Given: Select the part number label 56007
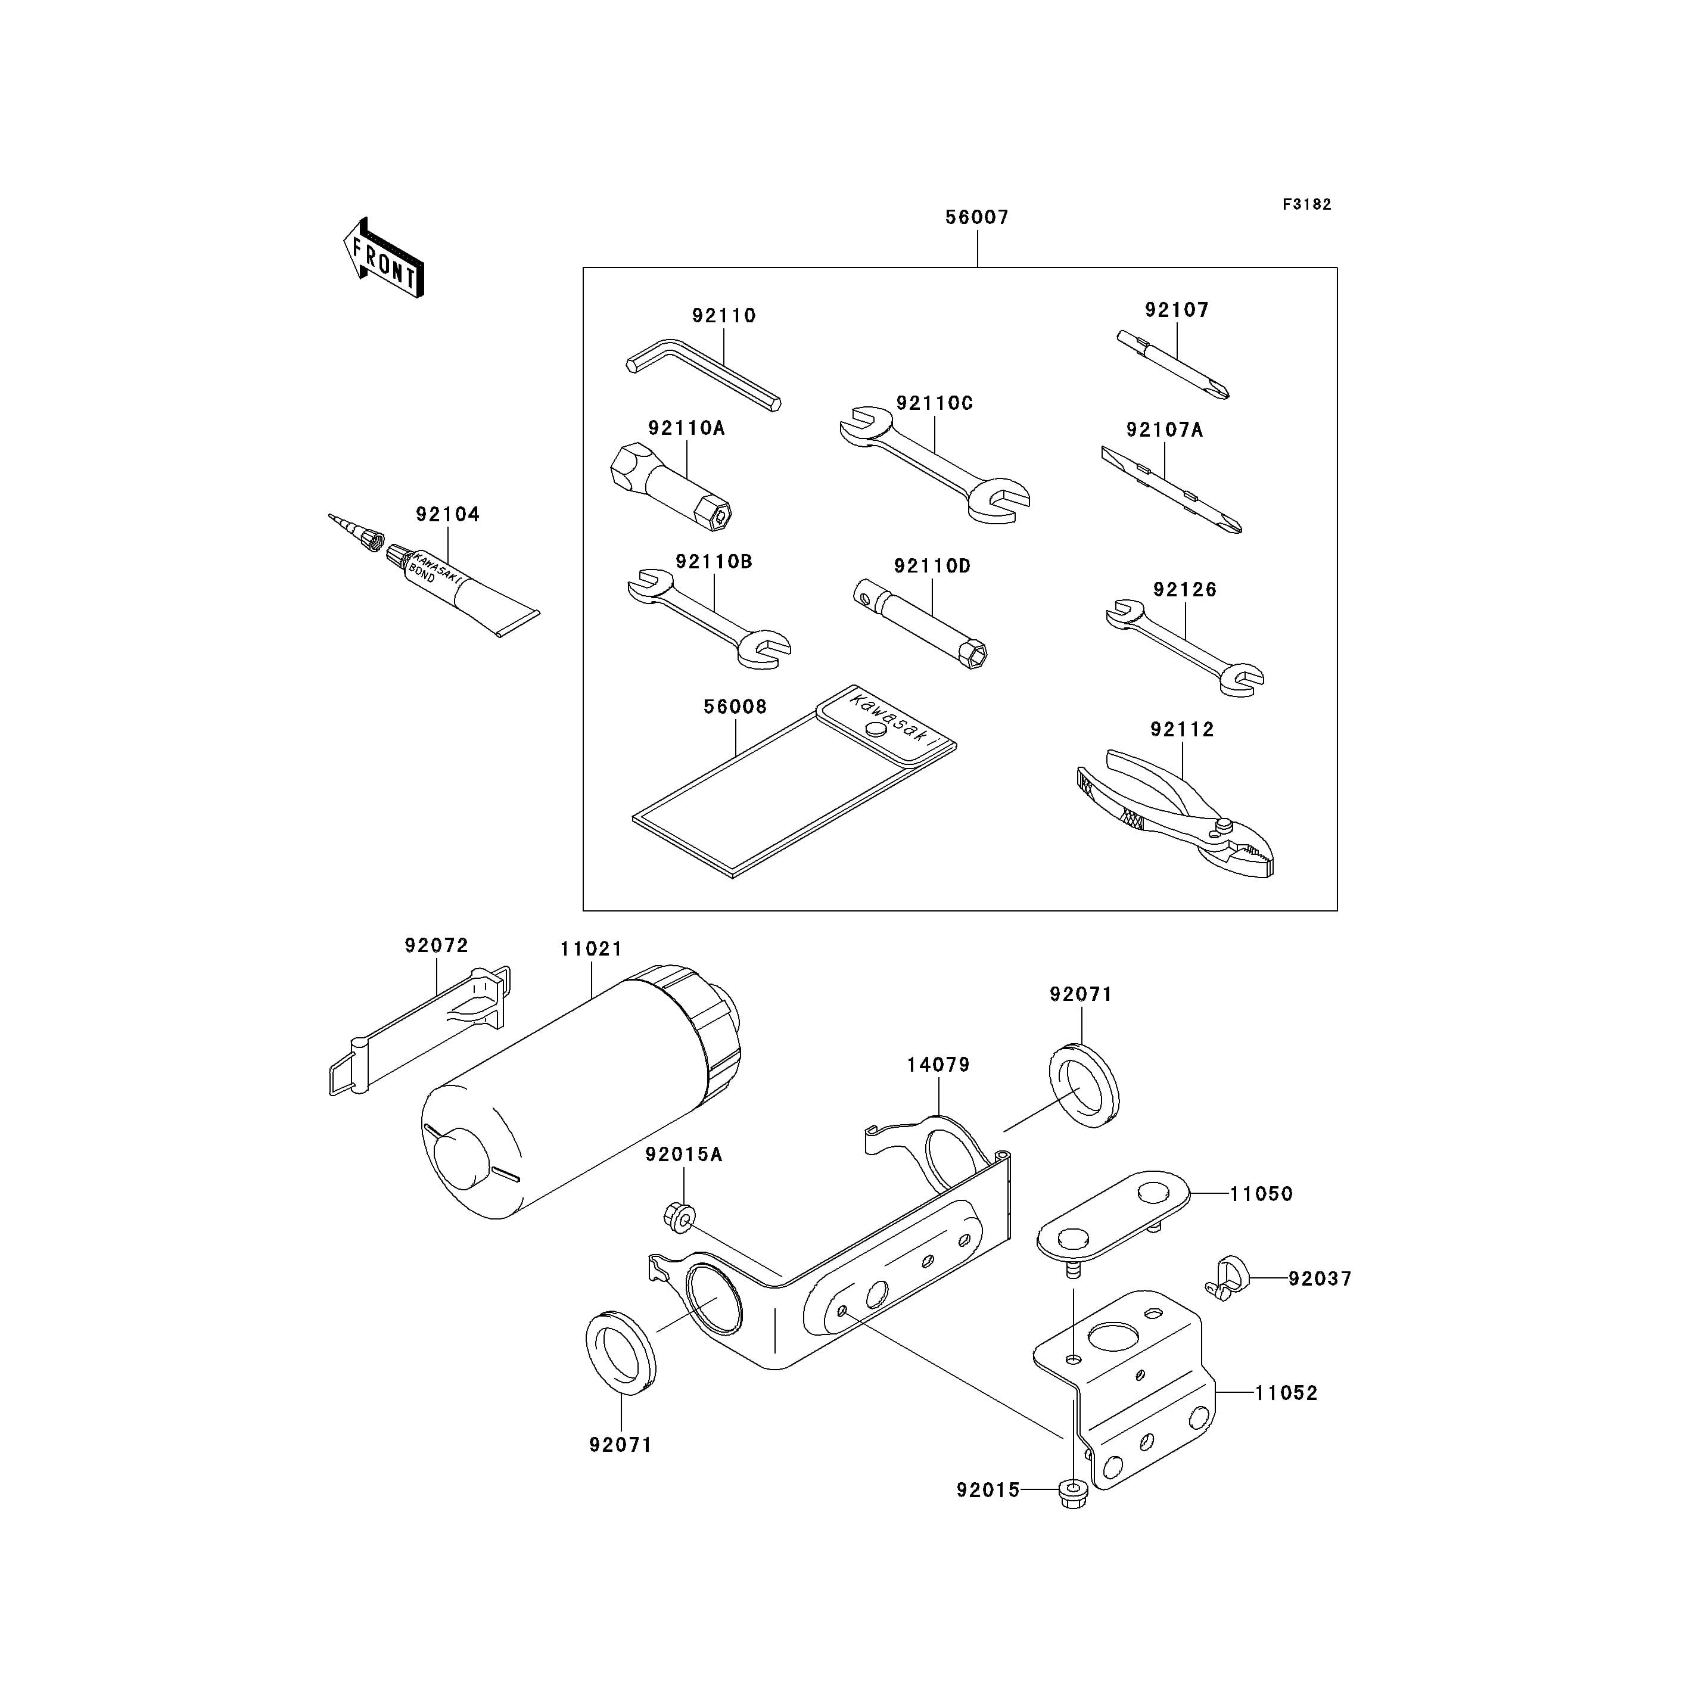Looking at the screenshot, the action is [x=977, y=217].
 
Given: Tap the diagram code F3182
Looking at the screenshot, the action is [x=1306, y=204].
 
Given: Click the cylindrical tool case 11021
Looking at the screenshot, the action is [x=581, y=1092].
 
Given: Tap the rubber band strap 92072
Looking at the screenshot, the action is [x=420, y=1032].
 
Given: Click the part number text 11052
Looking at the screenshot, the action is [x=1286, y=1392].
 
